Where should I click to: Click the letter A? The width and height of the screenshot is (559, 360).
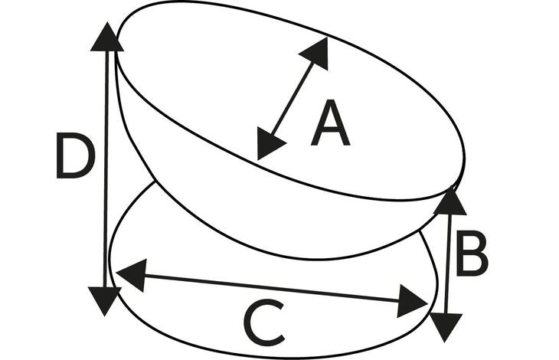(x=330, y=123)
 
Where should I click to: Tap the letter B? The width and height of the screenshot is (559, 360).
(x=472, y=254)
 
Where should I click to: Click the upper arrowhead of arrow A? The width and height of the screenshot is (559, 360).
(x=315, y=53)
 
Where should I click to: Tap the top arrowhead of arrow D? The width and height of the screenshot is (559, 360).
(x=107, y=37)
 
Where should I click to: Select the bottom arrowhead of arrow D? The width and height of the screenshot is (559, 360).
(x=104, y=301)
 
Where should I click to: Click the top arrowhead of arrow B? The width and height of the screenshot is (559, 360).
(x=450, y=201)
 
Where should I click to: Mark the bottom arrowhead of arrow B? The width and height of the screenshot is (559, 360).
(x=446, y=328)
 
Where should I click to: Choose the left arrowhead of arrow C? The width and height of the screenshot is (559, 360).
(x=131, y=275)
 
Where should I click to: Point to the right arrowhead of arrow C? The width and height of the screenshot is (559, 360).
(x=412, y=301)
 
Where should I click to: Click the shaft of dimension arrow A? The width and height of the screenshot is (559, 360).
(x=292, y=99)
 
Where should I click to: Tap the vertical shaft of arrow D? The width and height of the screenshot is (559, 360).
(x=106, y=169)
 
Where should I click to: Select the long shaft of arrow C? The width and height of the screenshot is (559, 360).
(x=272, y=288)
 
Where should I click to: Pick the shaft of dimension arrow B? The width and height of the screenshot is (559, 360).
(x=448, y=264)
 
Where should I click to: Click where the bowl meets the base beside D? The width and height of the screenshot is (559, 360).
(x=155, y=182)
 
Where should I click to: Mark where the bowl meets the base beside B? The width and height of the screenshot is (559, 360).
(x=420, y=231)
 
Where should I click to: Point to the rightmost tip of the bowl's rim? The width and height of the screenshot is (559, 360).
(x=465, y=157)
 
